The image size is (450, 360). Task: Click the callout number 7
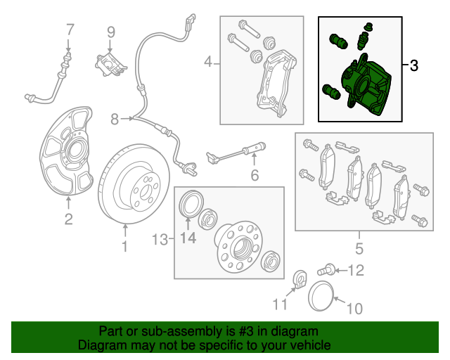(70, 30)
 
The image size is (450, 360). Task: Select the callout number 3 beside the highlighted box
(413, 66)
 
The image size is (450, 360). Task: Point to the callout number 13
(161, 240)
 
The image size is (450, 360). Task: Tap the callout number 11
(281, 304)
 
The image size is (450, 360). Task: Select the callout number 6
(255, 175)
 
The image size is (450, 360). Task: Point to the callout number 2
(68, 219)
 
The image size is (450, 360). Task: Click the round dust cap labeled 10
(322, 294)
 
